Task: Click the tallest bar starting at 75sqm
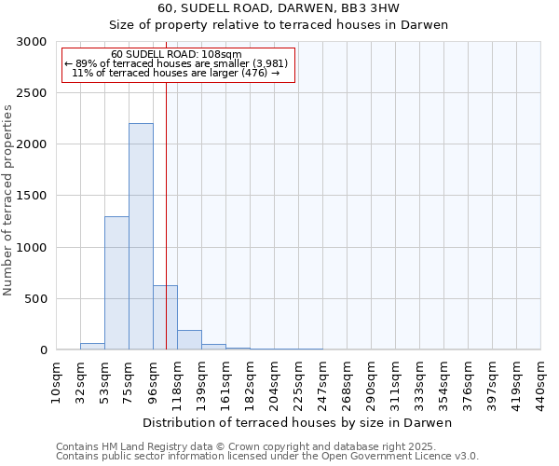pyautogui.click(x=141, y=237)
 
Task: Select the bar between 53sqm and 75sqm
pyautogui.click(x=116, y=283)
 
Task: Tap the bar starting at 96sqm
pyautogui.click(x=165, y=318)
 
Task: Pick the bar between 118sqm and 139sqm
pyautogui.click(x=189, y=340)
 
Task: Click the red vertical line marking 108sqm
pyautogui.click(x=166, y=186)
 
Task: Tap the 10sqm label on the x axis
pyautogui.click(x=57, y=383)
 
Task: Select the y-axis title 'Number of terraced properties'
pyautogui.click(x=8, y=200)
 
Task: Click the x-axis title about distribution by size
pyautogui.click(x=298, y=423)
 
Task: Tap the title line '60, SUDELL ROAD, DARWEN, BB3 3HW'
pyautogui.click(x=279, y=8)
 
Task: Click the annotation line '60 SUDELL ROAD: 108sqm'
pyautogui.click(x=176, y=54)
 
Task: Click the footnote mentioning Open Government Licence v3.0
pyautogui.click(x=267, y=457)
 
